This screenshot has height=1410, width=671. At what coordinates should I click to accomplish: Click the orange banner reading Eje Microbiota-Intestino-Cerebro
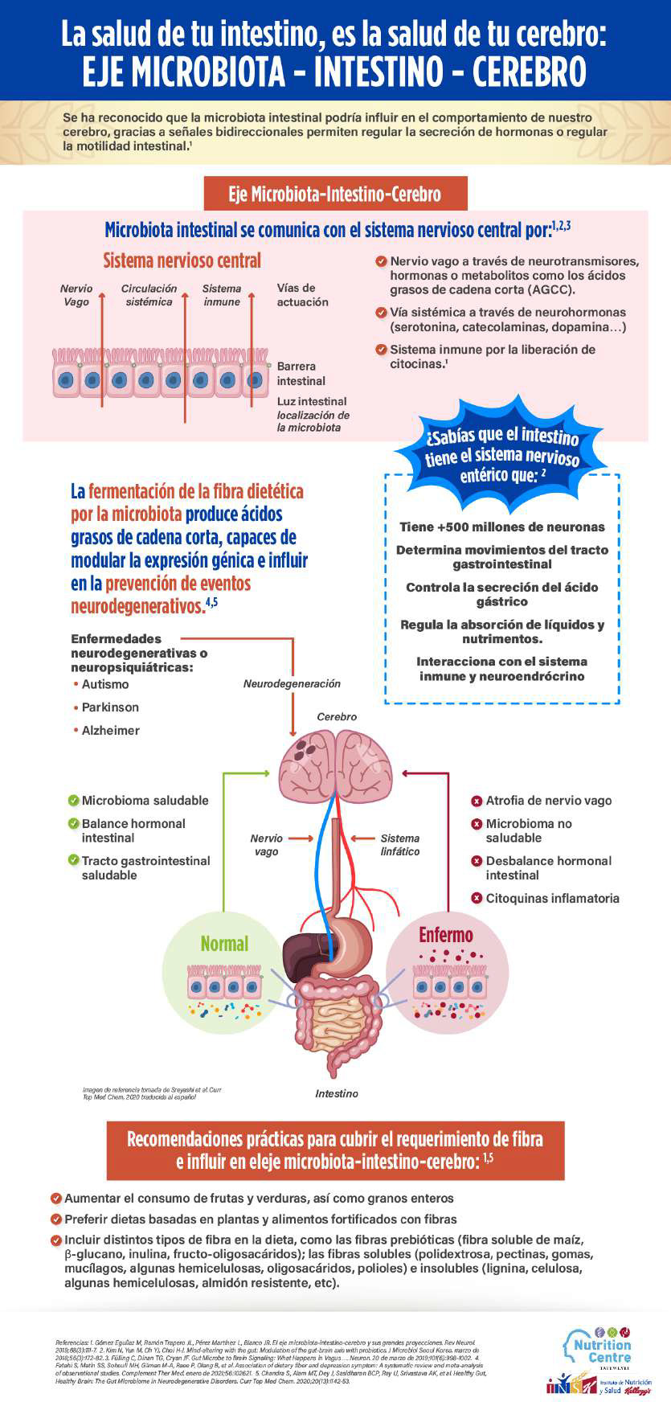[x=334, y=194]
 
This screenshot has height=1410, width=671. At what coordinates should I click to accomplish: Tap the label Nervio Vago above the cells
[x=76, y=295]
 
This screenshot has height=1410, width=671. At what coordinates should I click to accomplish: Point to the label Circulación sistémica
[x=149, y=295]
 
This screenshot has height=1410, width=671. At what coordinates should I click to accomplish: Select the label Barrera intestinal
[x=301, y=374]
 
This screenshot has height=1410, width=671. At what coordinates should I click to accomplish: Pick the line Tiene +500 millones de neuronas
[x=502, y=527]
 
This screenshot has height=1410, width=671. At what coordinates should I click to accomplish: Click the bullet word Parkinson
[x=110, y=707]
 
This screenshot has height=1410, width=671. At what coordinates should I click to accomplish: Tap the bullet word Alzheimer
[x=110, y=731]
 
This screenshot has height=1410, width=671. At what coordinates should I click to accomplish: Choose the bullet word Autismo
[x=105, y=684]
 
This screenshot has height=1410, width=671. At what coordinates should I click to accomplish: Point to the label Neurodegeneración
[x=292, y=684]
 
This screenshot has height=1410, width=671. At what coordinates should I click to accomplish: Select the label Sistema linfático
[x=400, y=845]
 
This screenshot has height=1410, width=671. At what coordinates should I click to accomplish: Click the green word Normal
[x=224, y=944]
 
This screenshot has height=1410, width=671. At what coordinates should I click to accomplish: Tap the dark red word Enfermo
[x=446, y=935]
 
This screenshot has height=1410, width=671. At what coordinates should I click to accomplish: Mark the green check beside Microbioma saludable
[x=74, y=801]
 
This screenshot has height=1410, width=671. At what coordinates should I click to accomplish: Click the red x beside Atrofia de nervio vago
[x=477, y=801]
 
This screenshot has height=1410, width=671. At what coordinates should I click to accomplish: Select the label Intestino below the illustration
[x=337, y=1093]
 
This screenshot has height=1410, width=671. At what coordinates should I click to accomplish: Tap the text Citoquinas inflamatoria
[x=552, y=899]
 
